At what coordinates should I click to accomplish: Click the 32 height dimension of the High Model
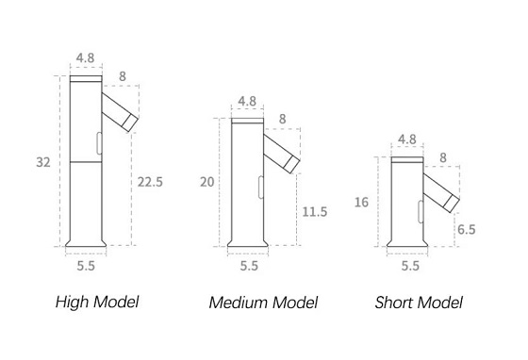point(43,162)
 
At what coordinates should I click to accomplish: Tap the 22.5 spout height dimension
point(150,182)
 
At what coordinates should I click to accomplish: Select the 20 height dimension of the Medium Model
point(207,182)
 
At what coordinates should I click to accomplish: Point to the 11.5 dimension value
point(315,212)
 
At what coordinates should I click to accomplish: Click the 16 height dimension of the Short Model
point(362,203)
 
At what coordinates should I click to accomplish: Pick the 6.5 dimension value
point(467,229)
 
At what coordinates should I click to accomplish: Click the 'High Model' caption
point(97,302)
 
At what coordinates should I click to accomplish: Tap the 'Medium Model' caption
point(263,303)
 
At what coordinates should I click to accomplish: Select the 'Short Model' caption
point(419,303)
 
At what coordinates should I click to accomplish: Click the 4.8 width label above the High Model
point(85,57)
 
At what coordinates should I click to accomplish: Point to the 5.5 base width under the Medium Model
point(249,266)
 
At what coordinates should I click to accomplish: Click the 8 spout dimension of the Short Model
point(443,157)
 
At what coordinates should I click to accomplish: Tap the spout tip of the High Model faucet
point(130,123)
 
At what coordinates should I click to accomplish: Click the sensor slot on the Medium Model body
point(260,187)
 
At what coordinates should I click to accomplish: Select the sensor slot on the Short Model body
point(421,211)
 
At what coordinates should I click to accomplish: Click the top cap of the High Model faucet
point(86,79)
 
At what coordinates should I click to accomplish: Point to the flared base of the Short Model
point(407,243)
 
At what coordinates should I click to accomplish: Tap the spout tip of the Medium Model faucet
point(291,164)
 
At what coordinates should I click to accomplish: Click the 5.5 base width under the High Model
point(86,266)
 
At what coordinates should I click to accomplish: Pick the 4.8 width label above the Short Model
point(407,139)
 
